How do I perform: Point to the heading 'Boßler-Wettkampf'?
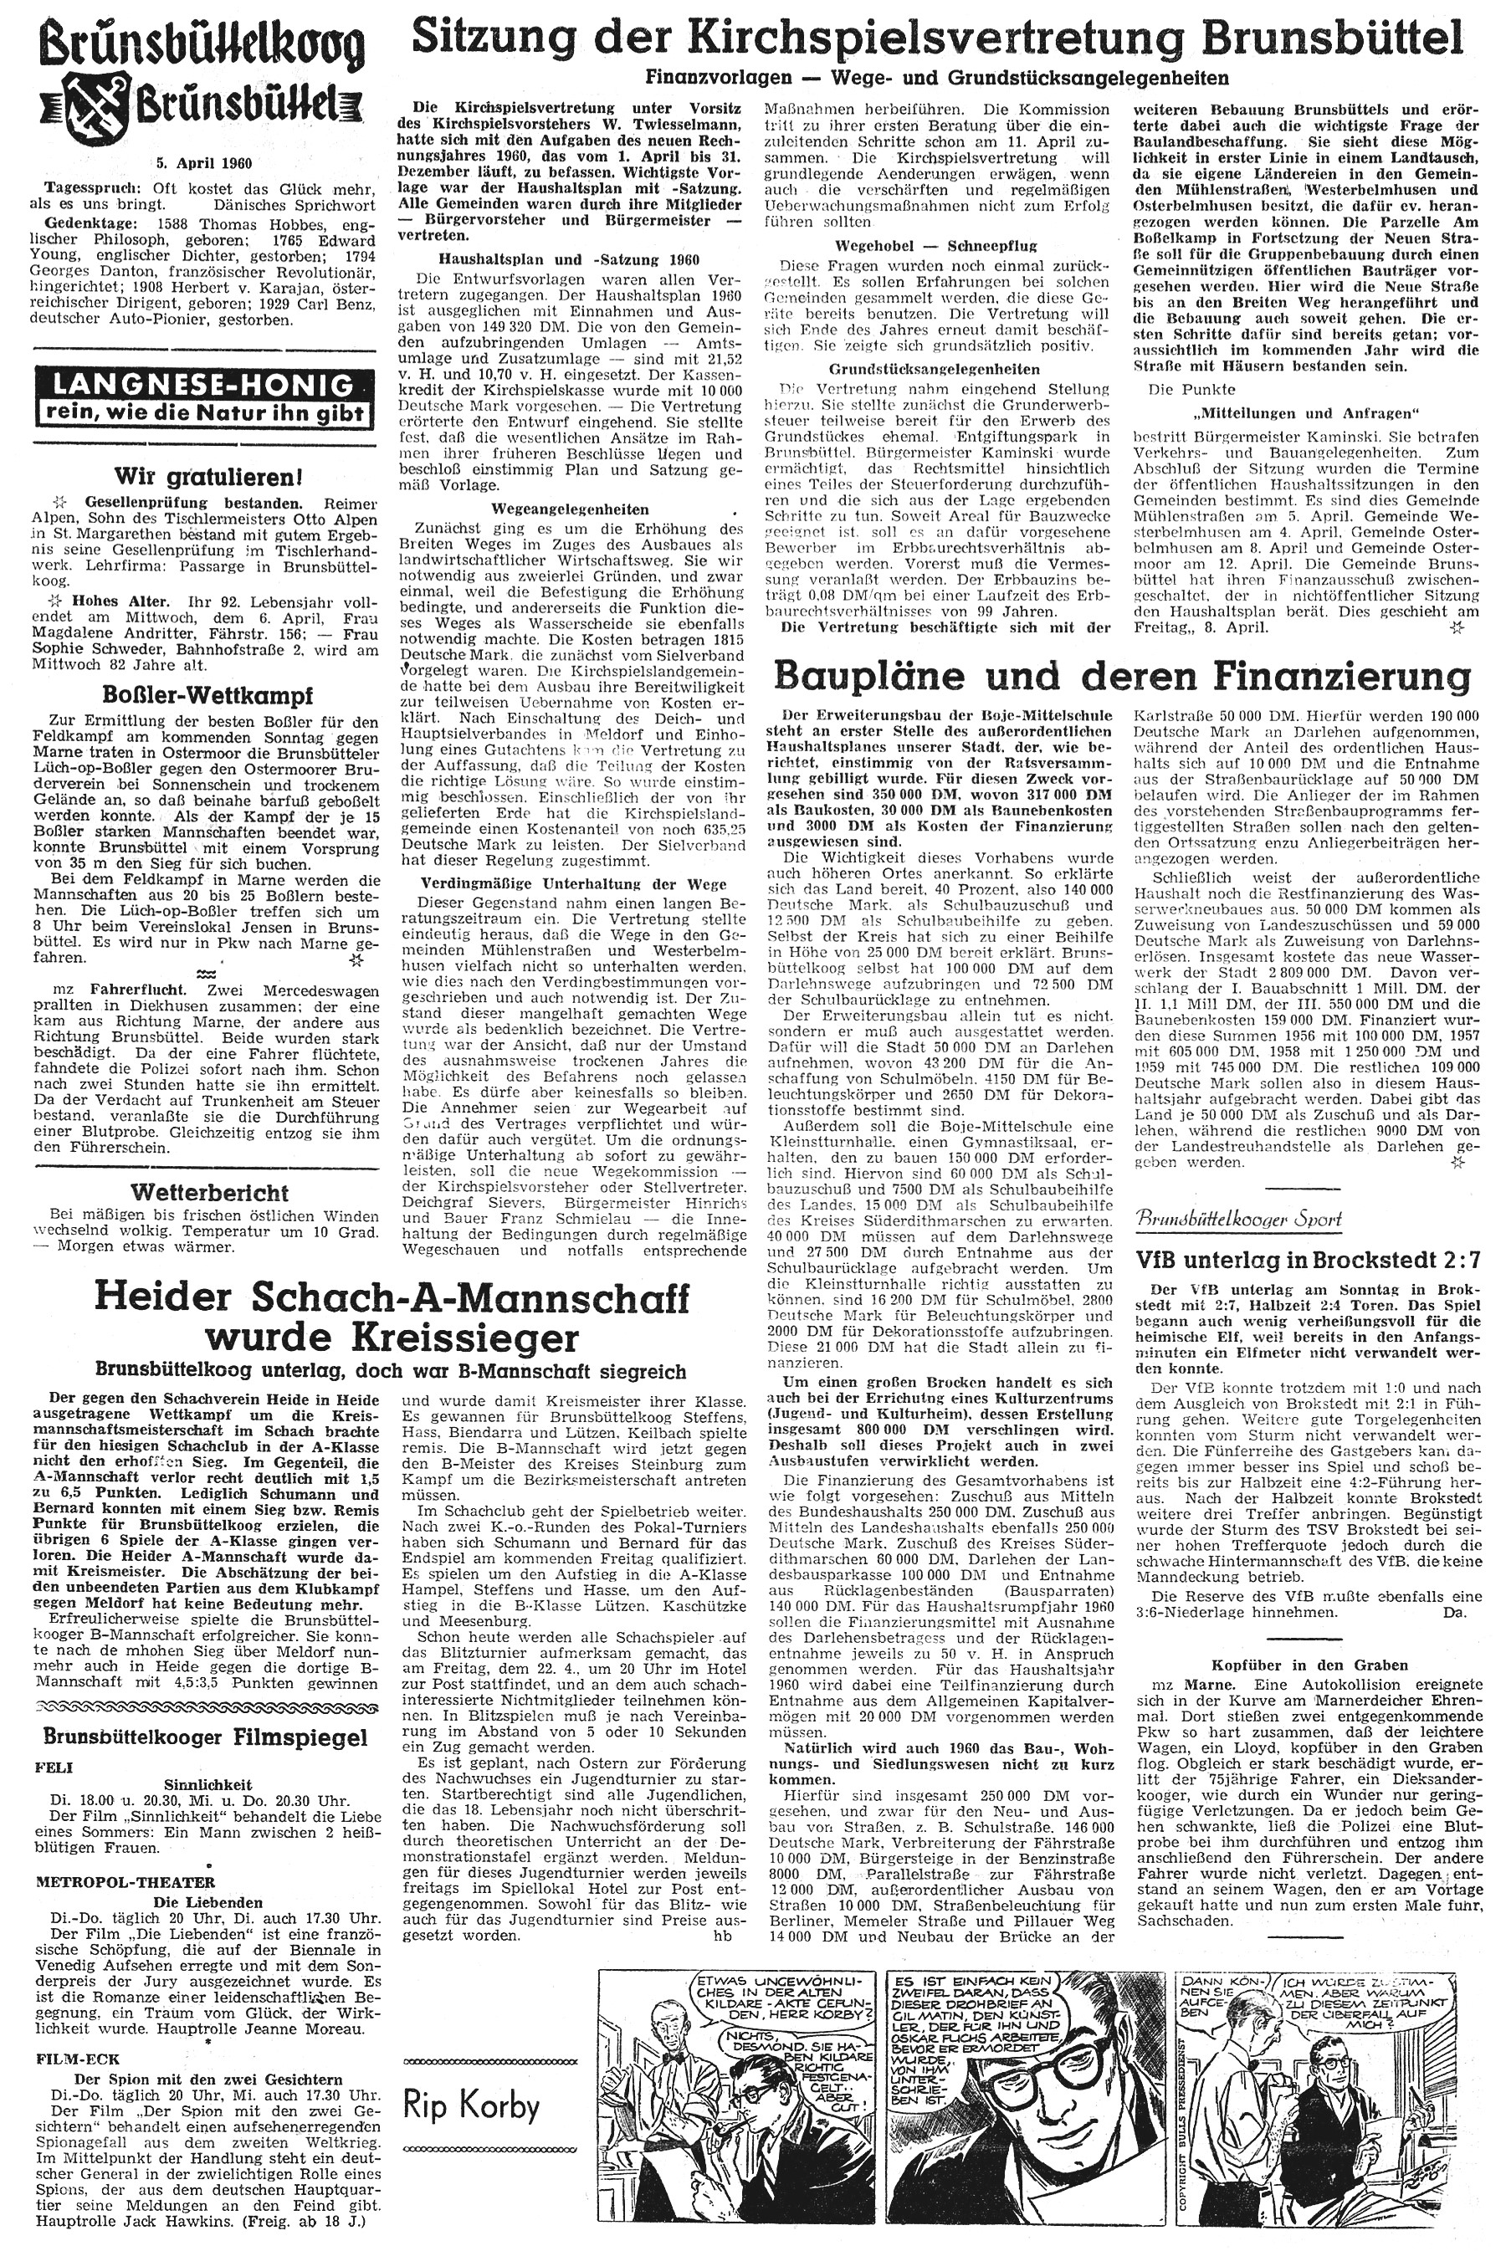point(202,694)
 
